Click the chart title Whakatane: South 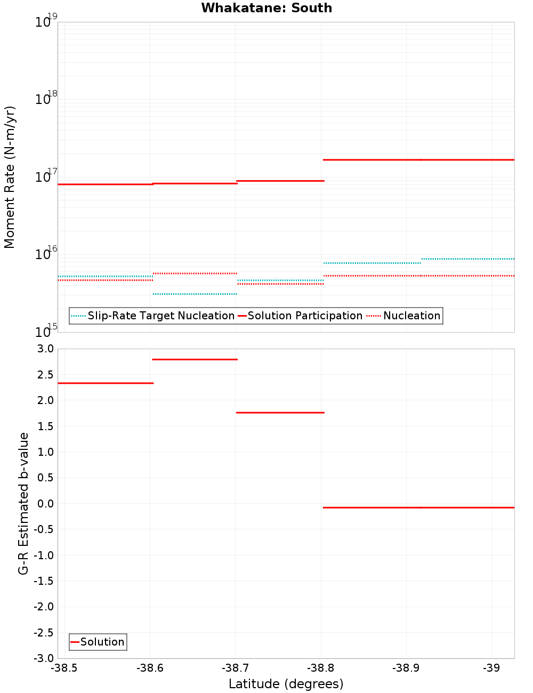(266, 8)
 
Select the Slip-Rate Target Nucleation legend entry (153, 316)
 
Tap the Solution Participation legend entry (300, 316)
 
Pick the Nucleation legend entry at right (404, 316)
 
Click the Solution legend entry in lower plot (98, 642)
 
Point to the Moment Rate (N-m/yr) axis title (10, 177)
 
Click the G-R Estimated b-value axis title (23, 504)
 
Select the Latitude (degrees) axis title (286, 684)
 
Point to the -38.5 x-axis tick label (64, 668)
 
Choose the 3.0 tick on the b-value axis (45, 349)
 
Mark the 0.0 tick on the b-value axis (45, 504)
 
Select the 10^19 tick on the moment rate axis (43, 22)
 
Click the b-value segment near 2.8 (195, 359)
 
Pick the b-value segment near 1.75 (280, 413)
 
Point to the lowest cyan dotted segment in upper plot (195, 294)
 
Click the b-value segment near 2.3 (106, 383)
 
